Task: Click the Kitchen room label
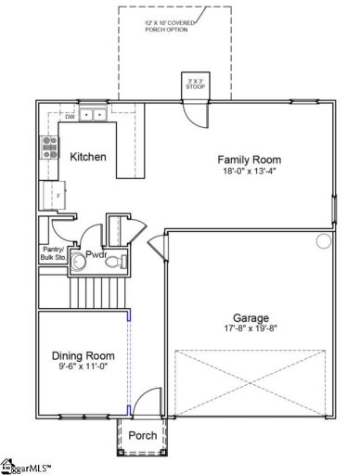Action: click(x=88, y=157)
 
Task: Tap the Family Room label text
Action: click(x=248, y=159)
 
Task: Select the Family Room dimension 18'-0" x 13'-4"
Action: click(x=248, y=172)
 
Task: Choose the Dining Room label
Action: click(x=83, y=355)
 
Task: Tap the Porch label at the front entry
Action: click(x=142, y=436)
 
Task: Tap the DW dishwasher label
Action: click(x=69, y=117)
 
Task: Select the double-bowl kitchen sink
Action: click(x=92, y=115)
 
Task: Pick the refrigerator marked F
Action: click(x=50, y=195)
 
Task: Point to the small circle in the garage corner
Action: click(x=323, y=242)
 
